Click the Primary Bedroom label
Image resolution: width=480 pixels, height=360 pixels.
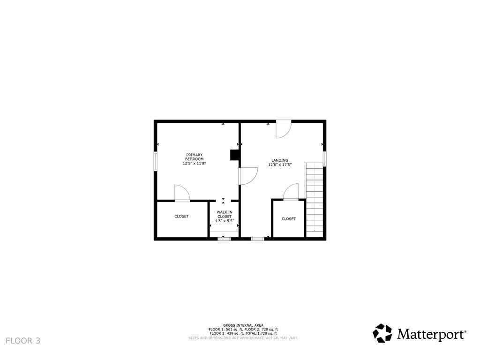(x=194, y=157)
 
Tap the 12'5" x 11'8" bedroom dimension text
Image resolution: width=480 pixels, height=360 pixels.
(x=194, y=164)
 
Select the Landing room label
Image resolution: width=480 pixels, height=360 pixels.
(x=280, y=160)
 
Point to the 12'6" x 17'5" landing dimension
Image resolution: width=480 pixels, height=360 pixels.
(x=280, y=165)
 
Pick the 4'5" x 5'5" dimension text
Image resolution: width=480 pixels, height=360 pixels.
(x=224, y=220)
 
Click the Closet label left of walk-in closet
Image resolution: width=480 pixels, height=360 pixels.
(x=181, y=217)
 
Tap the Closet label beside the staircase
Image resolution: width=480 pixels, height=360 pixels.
(x=289, y=219)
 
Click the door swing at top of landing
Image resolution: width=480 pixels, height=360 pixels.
(x=283, y=129)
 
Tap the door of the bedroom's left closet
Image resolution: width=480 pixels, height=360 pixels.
(x=182, y=193)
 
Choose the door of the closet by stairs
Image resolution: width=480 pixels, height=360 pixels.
(x=291, y=192)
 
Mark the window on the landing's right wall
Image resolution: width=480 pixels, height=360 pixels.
(x=324, y=158)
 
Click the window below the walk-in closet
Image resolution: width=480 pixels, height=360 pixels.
(x=224, y=239)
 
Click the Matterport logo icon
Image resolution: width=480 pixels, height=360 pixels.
(x=382, y=333)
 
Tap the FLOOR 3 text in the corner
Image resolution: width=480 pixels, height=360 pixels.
(x=23, y=341)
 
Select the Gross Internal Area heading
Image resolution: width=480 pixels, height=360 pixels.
(x=243, y=325)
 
